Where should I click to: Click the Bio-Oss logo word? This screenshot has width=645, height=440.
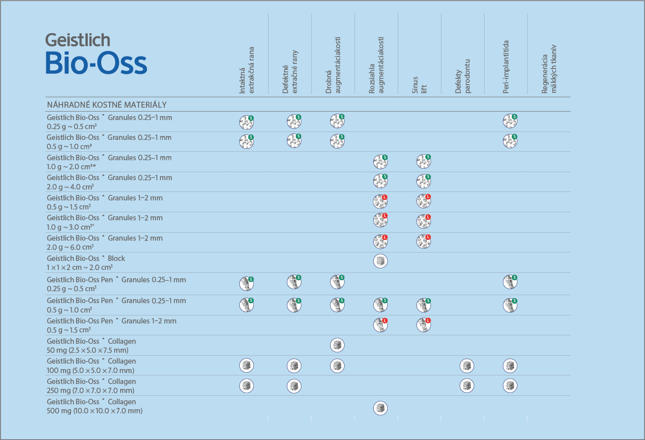point(96,63)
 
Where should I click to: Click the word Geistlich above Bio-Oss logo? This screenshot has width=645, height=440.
point(77,40)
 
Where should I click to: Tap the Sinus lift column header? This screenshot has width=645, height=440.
point(420,85)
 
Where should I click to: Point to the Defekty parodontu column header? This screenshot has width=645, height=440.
point(463,76)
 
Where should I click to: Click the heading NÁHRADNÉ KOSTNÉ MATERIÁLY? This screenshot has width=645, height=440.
point(107,105)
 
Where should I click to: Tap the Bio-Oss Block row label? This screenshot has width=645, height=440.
point(86,262)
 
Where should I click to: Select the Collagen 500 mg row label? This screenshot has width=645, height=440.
point(94,406)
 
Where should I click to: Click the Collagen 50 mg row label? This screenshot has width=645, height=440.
point(91,345)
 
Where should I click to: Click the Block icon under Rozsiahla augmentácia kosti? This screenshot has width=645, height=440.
point(380,261)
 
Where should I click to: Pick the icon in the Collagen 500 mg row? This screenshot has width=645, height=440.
point(380,408)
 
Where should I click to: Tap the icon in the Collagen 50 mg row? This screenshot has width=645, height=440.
point(337,345)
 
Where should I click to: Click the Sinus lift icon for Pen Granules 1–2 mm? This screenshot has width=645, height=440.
point(424,324)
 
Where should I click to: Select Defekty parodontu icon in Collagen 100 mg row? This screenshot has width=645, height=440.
point(466,366)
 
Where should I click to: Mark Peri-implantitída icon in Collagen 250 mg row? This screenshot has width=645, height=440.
point(509,385)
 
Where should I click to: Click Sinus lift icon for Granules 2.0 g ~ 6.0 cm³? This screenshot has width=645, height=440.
point(424,242)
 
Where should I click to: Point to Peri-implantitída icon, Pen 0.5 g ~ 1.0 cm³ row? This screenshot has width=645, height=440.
point(509,305)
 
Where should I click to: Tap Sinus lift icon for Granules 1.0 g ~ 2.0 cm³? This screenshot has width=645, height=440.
point(424,161)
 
